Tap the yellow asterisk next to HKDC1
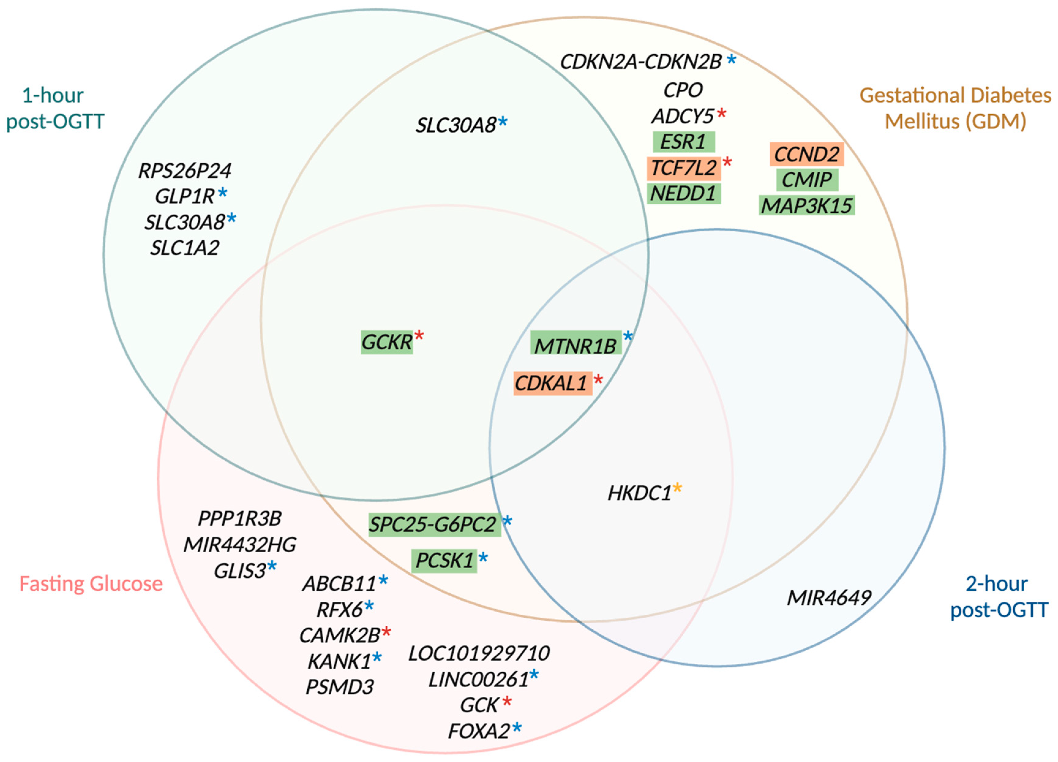coord(677,488)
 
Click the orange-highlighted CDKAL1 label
coord(552,383)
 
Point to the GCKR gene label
coord(387,342)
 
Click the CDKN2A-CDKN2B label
coord(640,62)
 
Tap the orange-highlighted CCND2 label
coord(806,154)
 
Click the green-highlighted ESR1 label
coord(683,141)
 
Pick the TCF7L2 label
coord(683,168)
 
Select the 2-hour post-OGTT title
coord(999,597)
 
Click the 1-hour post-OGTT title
coord(55,108)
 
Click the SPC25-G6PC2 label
coord(433,524)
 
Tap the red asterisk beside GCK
coord(507,701)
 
